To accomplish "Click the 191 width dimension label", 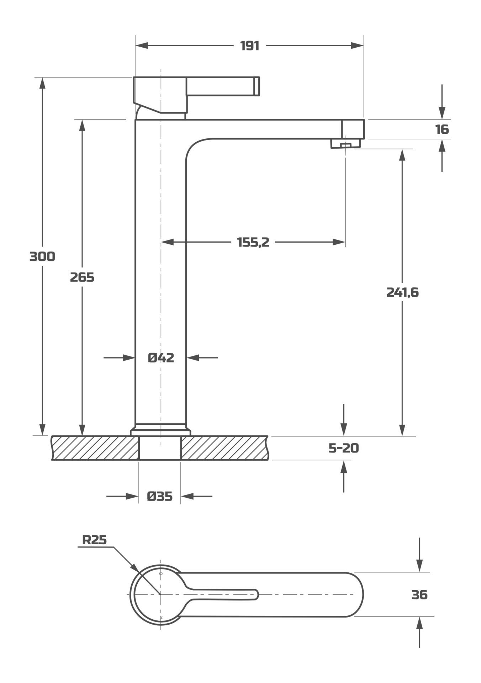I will coord(249,46).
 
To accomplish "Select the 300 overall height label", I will coord(42,256).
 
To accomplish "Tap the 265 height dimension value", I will coord(82,277).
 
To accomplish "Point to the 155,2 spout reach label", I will coord(253,242).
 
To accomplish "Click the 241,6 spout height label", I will coord(402,292).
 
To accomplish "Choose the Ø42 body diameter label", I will coord(161,358).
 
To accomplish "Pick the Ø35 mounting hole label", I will coord(160,496).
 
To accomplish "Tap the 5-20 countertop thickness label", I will coord(343,448).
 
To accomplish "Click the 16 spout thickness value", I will coord(442,129).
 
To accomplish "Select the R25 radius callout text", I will coord(94,540).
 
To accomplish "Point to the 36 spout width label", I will coord(419,594).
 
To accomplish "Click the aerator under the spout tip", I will coord(345,144).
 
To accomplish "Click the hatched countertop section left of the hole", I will coord(95,448).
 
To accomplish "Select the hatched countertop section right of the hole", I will coord(224,448).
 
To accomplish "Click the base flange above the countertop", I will coord(161,432).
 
